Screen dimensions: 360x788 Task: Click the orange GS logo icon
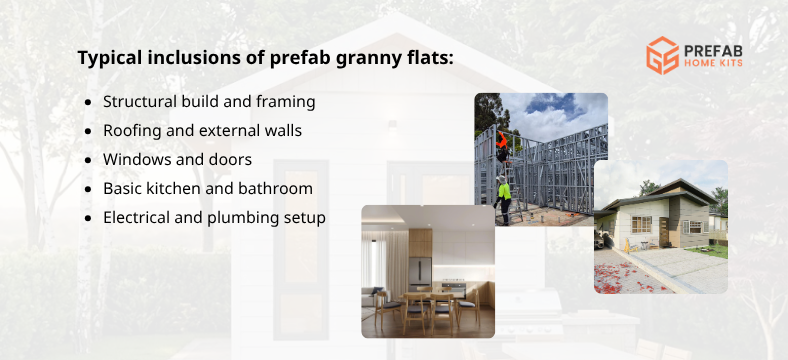coord(661,54)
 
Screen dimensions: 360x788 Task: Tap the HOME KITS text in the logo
coord(714,64)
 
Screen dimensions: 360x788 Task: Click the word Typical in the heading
coord(110,57)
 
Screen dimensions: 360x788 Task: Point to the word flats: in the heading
coord(428,57)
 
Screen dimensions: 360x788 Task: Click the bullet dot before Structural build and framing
coord(89,102)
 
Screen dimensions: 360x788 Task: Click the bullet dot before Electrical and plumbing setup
coord(89,217)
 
